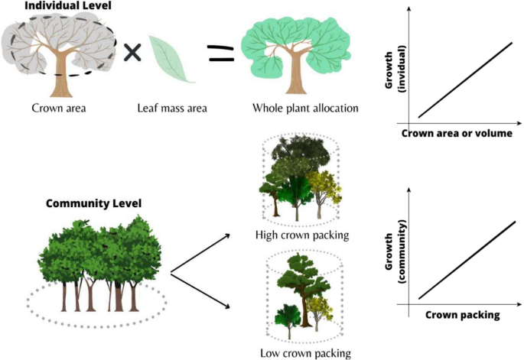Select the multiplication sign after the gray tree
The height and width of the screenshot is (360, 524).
point(133,52)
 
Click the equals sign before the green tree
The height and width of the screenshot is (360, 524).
point(220,53)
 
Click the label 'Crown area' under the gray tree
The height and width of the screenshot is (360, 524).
point(57,108)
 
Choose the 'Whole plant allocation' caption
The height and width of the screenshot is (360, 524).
point(305,108)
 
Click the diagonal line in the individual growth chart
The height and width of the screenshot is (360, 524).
point(464,80)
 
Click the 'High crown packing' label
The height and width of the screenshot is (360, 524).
point(302,235)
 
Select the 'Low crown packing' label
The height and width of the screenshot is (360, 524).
point(304,353)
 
